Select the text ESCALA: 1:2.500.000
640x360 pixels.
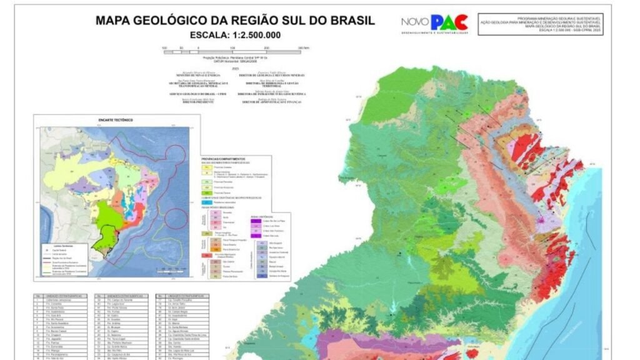click(x=234, y=35)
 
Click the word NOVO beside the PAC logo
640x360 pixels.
click(x=415, y=22)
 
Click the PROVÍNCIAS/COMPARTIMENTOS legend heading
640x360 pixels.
click(x=224, y=159)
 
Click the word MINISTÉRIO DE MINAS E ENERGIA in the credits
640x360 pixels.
click(x=192, y=76)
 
